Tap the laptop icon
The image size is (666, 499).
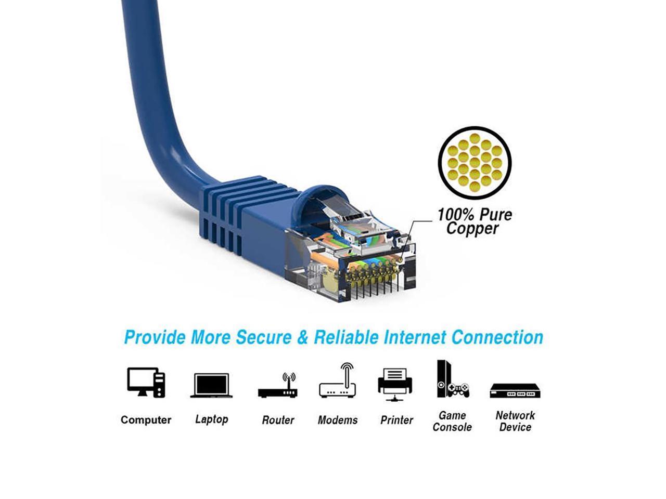point(211,385)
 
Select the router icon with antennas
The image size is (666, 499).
point(278,386)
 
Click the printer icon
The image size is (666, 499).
point(395,384)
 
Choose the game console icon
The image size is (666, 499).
point(452,379)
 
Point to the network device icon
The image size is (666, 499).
point(515,390)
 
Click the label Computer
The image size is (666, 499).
point(146,420)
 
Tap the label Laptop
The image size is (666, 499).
point(211,419)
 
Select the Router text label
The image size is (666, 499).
point(278,420)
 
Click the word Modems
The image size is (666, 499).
point(338,420)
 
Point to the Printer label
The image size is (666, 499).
point(396,420)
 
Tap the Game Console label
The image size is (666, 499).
point(452,421)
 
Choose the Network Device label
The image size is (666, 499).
point(515,421)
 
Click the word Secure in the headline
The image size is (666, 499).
point(264,337)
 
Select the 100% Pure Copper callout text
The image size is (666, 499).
point(474,221)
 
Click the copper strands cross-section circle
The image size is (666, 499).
point(475,162)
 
